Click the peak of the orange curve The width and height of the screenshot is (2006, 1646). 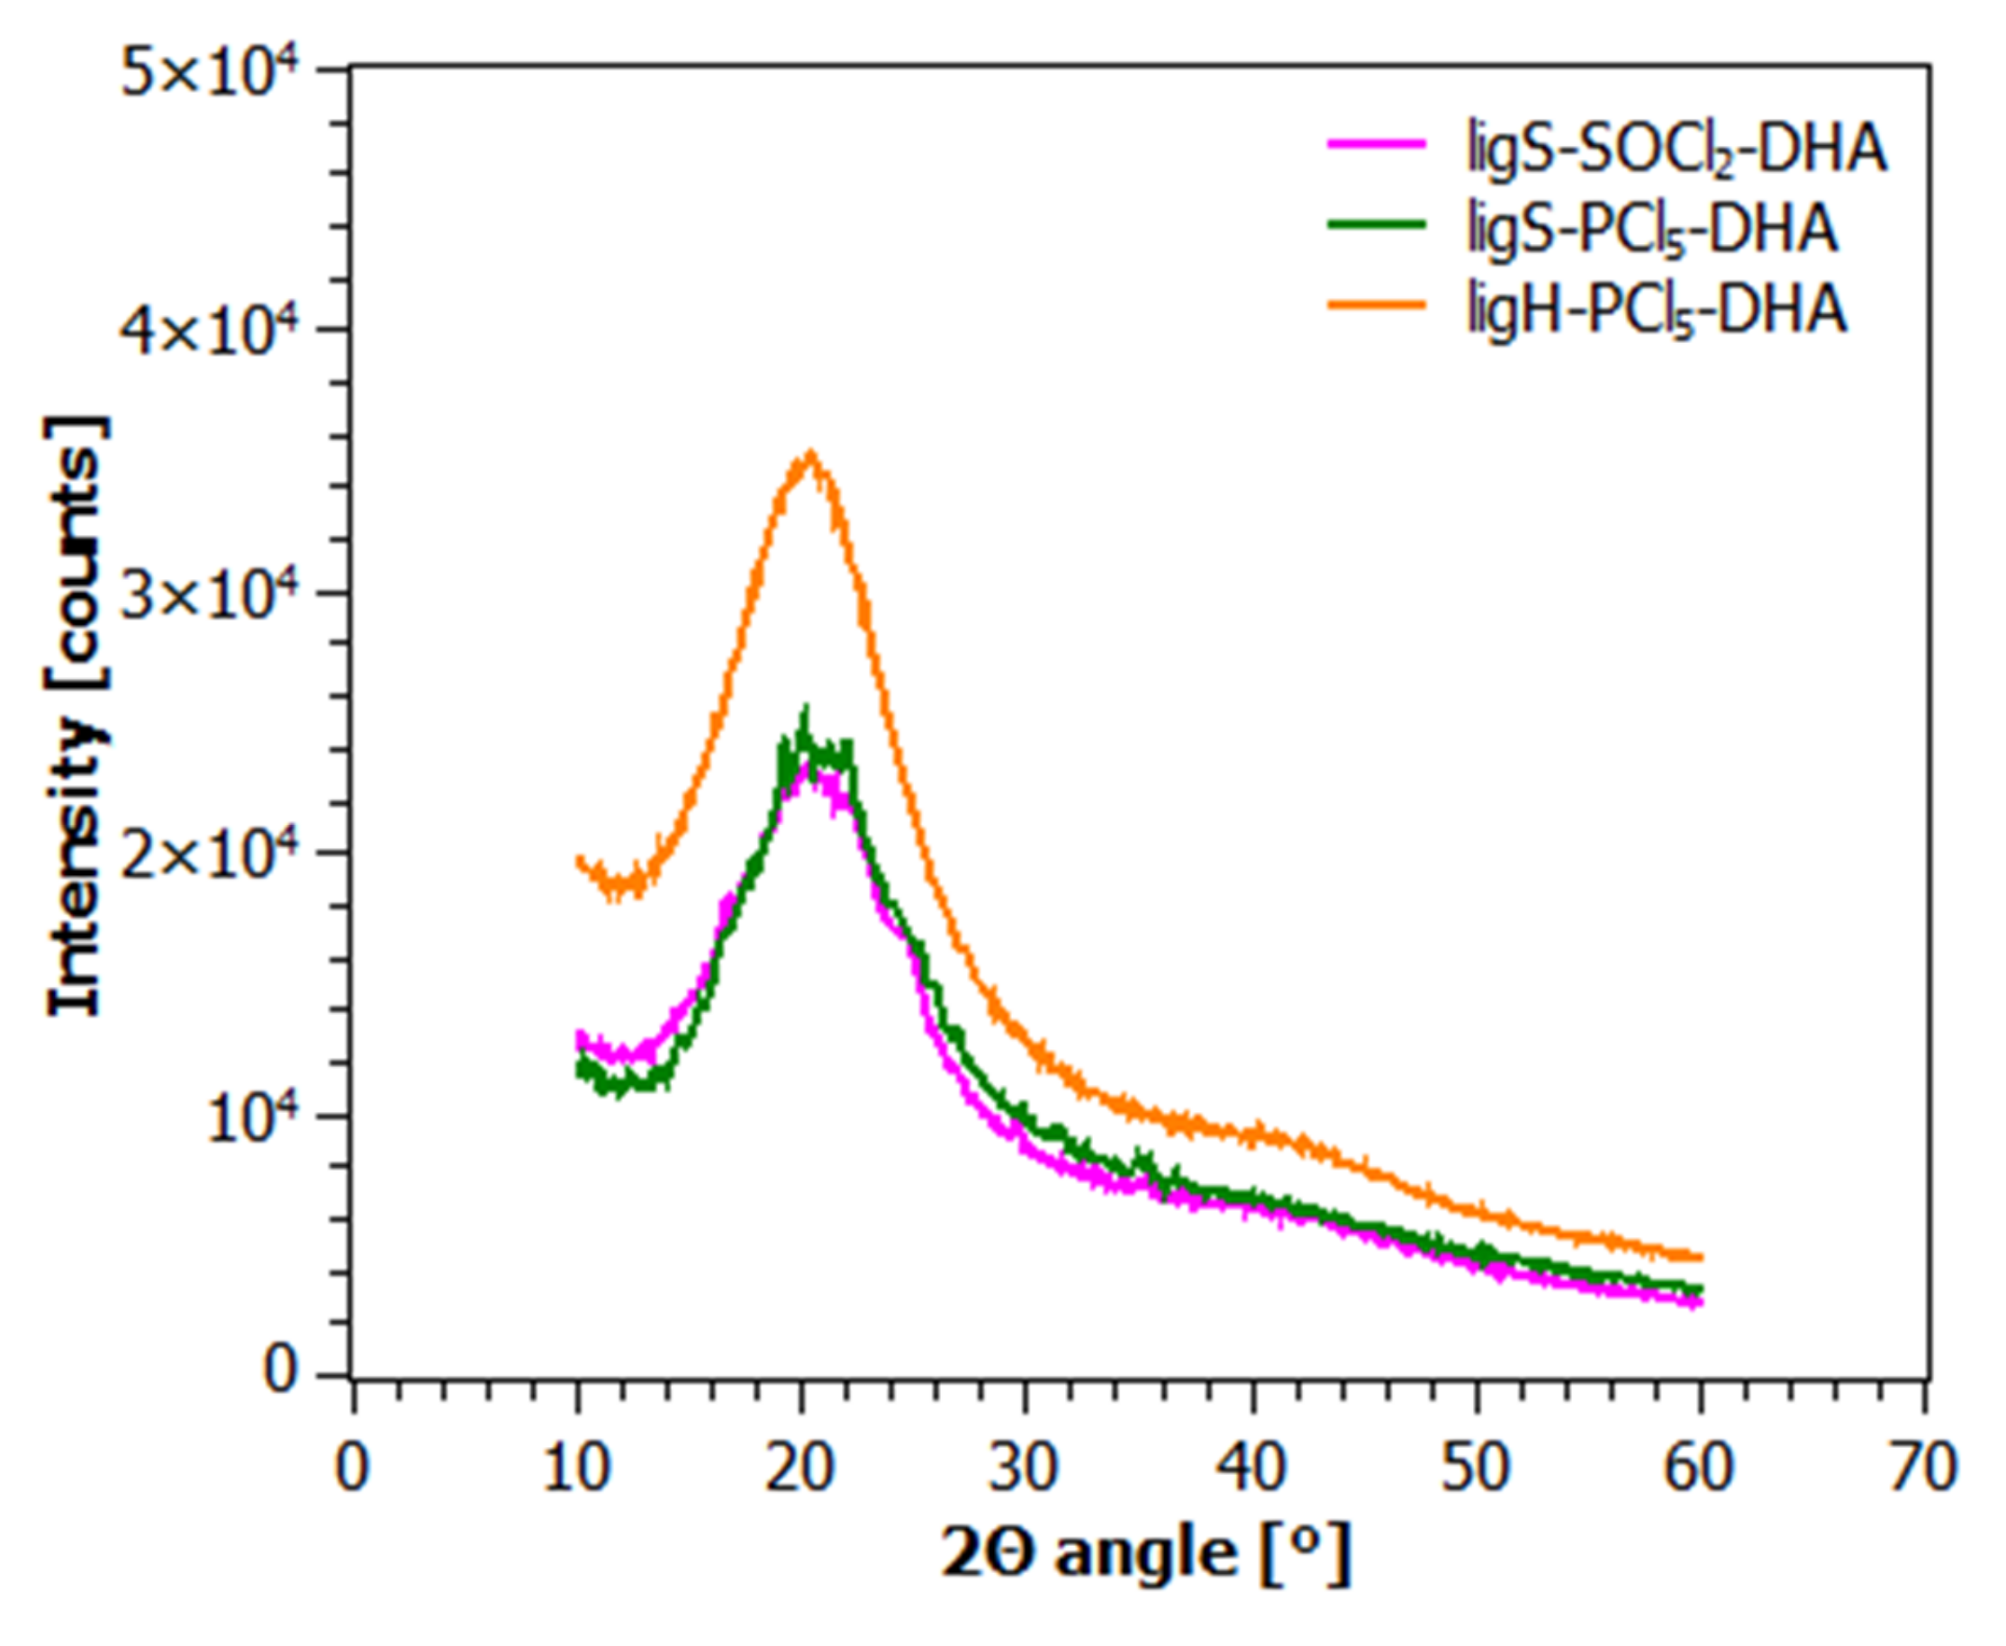pos(809,454)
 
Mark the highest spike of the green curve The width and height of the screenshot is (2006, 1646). pos(806,709)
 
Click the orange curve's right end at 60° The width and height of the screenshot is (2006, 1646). pos(1701,1257)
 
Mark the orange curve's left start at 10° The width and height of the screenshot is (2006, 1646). pos(579,861)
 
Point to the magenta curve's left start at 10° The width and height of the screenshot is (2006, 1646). pos(579,1038)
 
